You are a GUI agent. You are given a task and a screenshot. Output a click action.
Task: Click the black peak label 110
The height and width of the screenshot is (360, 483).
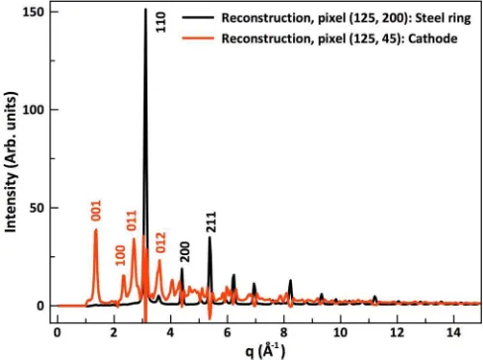click(x=160, y=22)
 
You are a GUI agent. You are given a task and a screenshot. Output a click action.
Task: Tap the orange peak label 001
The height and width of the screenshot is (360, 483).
click(x=96, y=211)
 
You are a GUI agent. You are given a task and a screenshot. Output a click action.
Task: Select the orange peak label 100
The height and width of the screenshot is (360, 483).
click(x=121, y=255)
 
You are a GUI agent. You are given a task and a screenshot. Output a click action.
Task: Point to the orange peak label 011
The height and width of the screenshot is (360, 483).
click(x=132, y=221)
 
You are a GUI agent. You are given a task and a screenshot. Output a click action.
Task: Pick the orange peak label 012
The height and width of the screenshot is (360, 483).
click(x=160, y=242)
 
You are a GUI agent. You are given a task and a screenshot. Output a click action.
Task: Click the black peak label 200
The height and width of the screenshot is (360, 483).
click(x=185, y=252)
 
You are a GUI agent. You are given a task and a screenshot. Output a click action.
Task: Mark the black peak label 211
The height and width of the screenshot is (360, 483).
click(x=211, y=223)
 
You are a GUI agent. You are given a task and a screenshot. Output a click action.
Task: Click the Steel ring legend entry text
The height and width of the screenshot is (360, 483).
click(x=346, y=19)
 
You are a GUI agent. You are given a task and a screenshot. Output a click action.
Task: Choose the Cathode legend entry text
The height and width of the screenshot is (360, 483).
click(x=339, y=39)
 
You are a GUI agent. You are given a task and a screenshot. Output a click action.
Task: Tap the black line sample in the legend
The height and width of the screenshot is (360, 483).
click(x=198, y=17)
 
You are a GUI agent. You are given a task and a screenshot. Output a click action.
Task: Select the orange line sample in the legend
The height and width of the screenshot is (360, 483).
click(x=198, y=38)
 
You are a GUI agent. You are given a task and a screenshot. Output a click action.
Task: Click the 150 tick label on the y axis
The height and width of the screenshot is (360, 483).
click(x=33, y=12)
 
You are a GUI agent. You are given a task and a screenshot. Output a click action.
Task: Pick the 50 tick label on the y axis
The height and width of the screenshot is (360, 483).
click(x=37, y=208)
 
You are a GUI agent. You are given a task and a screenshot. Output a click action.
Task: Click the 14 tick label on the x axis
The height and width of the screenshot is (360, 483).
click(x=453, y=332)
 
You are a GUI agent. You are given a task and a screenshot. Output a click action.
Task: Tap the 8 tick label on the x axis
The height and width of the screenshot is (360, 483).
click(x=284, y=332)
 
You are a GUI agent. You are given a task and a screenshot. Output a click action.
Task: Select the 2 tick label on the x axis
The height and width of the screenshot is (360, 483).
click(x=114, y=332)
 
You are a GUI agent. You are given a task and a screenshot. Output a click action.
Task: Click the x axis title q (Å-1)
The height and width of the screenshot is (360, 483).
click(x=265, y=351)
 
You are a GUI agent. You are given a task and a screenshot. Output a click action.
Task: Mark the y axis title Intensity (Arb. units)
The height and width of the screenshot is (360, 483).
click(x=11, y=162)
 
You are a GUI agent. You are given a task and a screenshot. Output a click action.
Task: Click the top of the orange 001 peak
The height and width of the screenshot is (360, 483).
click(x=96, y=229)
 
